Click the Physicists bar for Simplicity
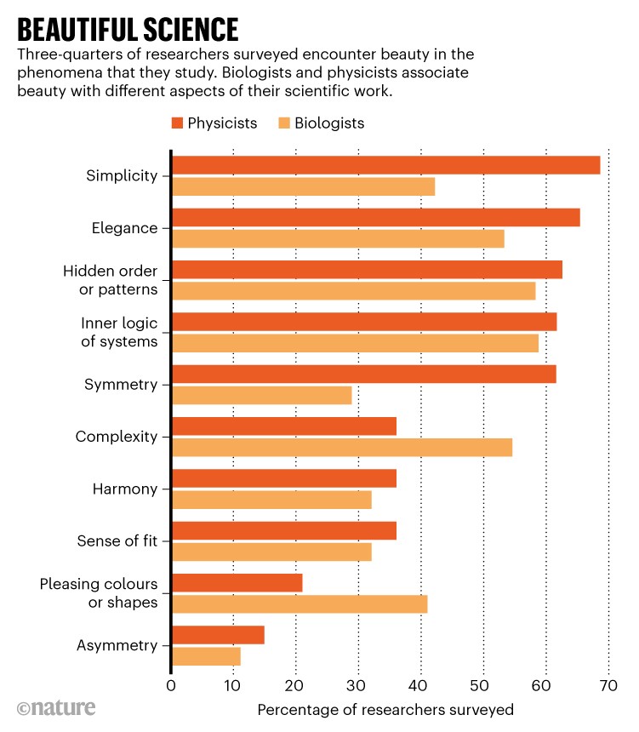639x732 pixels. pyautogui.click(x=385, y=165)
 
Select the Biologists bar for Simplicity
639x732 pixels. pyautogui.click(x=303, y=187)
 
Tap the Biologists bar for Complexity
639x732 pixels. pyautogui.click(x=342, y=448)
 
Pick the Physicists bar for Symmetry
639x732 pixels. pyautogui.click(x=363, y=374)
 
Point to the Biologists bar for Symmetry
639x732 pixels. pyautogui.click(x=261, y=396)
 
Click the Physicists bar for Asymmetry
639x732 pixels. pyautogui.click(x=218, y=635)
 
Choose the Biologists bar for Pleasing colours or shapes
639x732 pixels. pyautogui.click(x=300, y=604)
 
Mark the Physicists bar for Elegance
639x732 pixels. pyautogui.click(x=375, y=217)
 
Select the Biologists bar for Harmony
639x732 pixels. pyautogui.click(x=271, y=500)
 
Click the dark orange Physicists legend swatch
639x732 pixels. pyautogui.click(x=178, y=123)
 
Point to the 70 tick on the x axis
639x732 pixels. pyautogui.click(x=608, y=686)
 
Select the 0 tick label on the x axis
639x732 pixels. pyautogui.click(x=171, y=686)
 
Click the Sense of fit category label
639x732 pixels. pyautogui.click(x=117, y=540)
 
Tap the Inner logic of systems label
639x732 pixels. pyautogui.click(x=119, y=332)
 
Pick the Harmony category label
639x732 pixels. pyautogui.click(x=125, y=489)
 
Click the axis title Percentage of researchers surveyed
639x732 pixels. pyautogui.click(x=385, y=709)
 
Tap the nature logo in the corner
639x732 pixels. pyautogui.click(x=56, y=708)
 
